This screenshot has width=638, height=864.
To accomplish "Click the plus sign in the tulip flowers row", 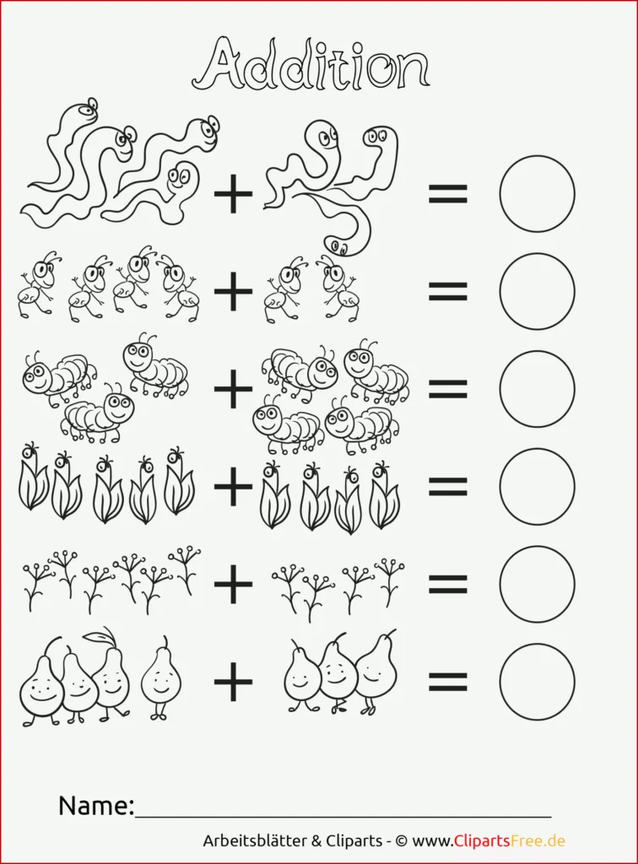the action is point(233,486).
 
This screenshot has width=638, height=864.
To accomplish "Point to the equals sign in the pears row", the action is point(448,682).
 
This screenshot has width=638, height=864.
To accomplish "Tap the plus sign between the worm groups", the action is point(233,194).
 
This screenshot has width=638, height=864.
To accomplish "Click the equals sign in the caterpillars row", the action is point(448,389).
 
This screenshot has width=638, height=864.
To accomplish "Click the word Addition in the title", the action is point(311,64).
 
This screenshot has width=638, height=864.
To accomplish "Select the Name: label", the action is point(96,805).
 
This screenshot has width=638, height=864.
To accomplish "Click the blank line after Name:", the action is point(343,816).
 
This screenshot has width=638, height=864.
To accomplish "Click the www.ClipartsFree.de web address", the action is point(489,841).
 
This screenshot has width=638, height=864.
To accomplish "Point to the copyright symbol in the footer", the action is point(402,841).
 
